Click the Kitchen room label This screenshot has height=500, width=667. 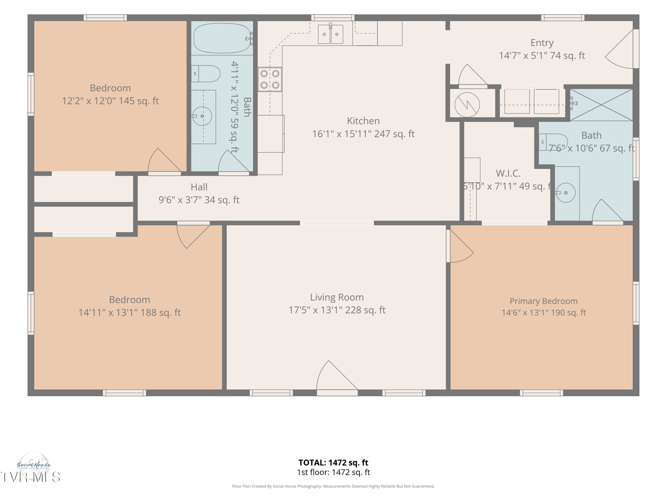coord(363,121)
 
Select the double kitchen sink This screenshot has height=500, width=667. coord(330,34)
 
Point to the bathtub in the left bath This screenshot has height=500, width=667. coord(222,38)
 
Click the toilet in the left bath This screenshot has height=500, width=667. coord(206,74)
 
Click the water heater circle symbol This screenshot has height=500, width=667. coord(467,105)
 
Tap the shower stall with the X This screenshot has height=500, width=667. coord(601,105)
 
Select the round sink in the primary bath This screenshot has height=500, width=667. coord(565,193)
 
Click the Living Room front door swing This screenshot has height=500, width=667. coord(337,376)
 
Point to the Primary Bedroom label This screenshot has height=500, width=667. coord(544,301)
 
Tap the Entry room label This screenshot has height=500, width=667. coord(542,43)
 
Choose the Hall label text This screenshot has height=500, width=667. coord(199,187)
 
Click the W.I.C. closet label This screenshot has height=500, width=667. coord(508,173)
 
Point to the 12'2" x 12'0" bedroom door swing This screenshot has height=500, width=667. coord(164,160)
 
